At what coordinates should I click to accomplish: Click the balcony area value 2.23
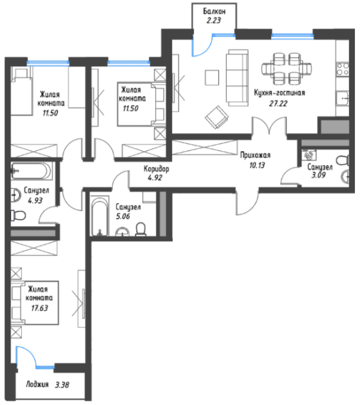point(214,20)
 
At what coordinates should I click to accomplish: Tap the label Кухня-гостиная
point(279,93)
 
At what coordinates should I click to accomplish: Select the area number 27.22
point(278,103)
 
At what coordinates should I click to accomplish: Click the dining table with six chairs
point(287,69)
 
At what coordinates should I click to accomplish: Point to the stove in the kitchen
point(343,69)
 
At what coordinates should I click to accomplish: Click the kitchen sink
point(343,99)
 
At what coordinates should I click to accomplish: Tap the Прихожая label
point(255,155)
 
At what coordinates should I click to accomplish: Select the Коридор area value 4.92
point(155,178)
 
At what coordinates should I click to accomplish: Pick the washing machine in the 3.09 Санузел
point(309,155)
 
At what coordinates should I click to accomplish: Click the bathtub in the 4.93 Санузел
point(31,171)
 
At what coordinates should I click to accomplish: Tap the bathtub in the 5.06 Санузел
point(99,216)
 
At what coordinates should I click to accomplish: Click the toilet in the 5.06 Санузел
point(141,229)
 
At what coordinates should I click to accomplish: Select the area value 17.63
point(39,308)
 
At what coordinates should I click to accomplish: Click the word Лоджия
point(37,384)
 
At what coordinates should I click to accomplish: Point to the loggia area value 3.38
point(62,385)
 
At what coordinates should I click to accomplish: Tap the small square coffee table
point(212,77)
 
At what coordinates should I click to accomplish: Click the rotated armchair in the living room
point(216,117)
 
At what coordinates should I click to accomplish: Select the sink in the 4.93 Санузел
point(15,194)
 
